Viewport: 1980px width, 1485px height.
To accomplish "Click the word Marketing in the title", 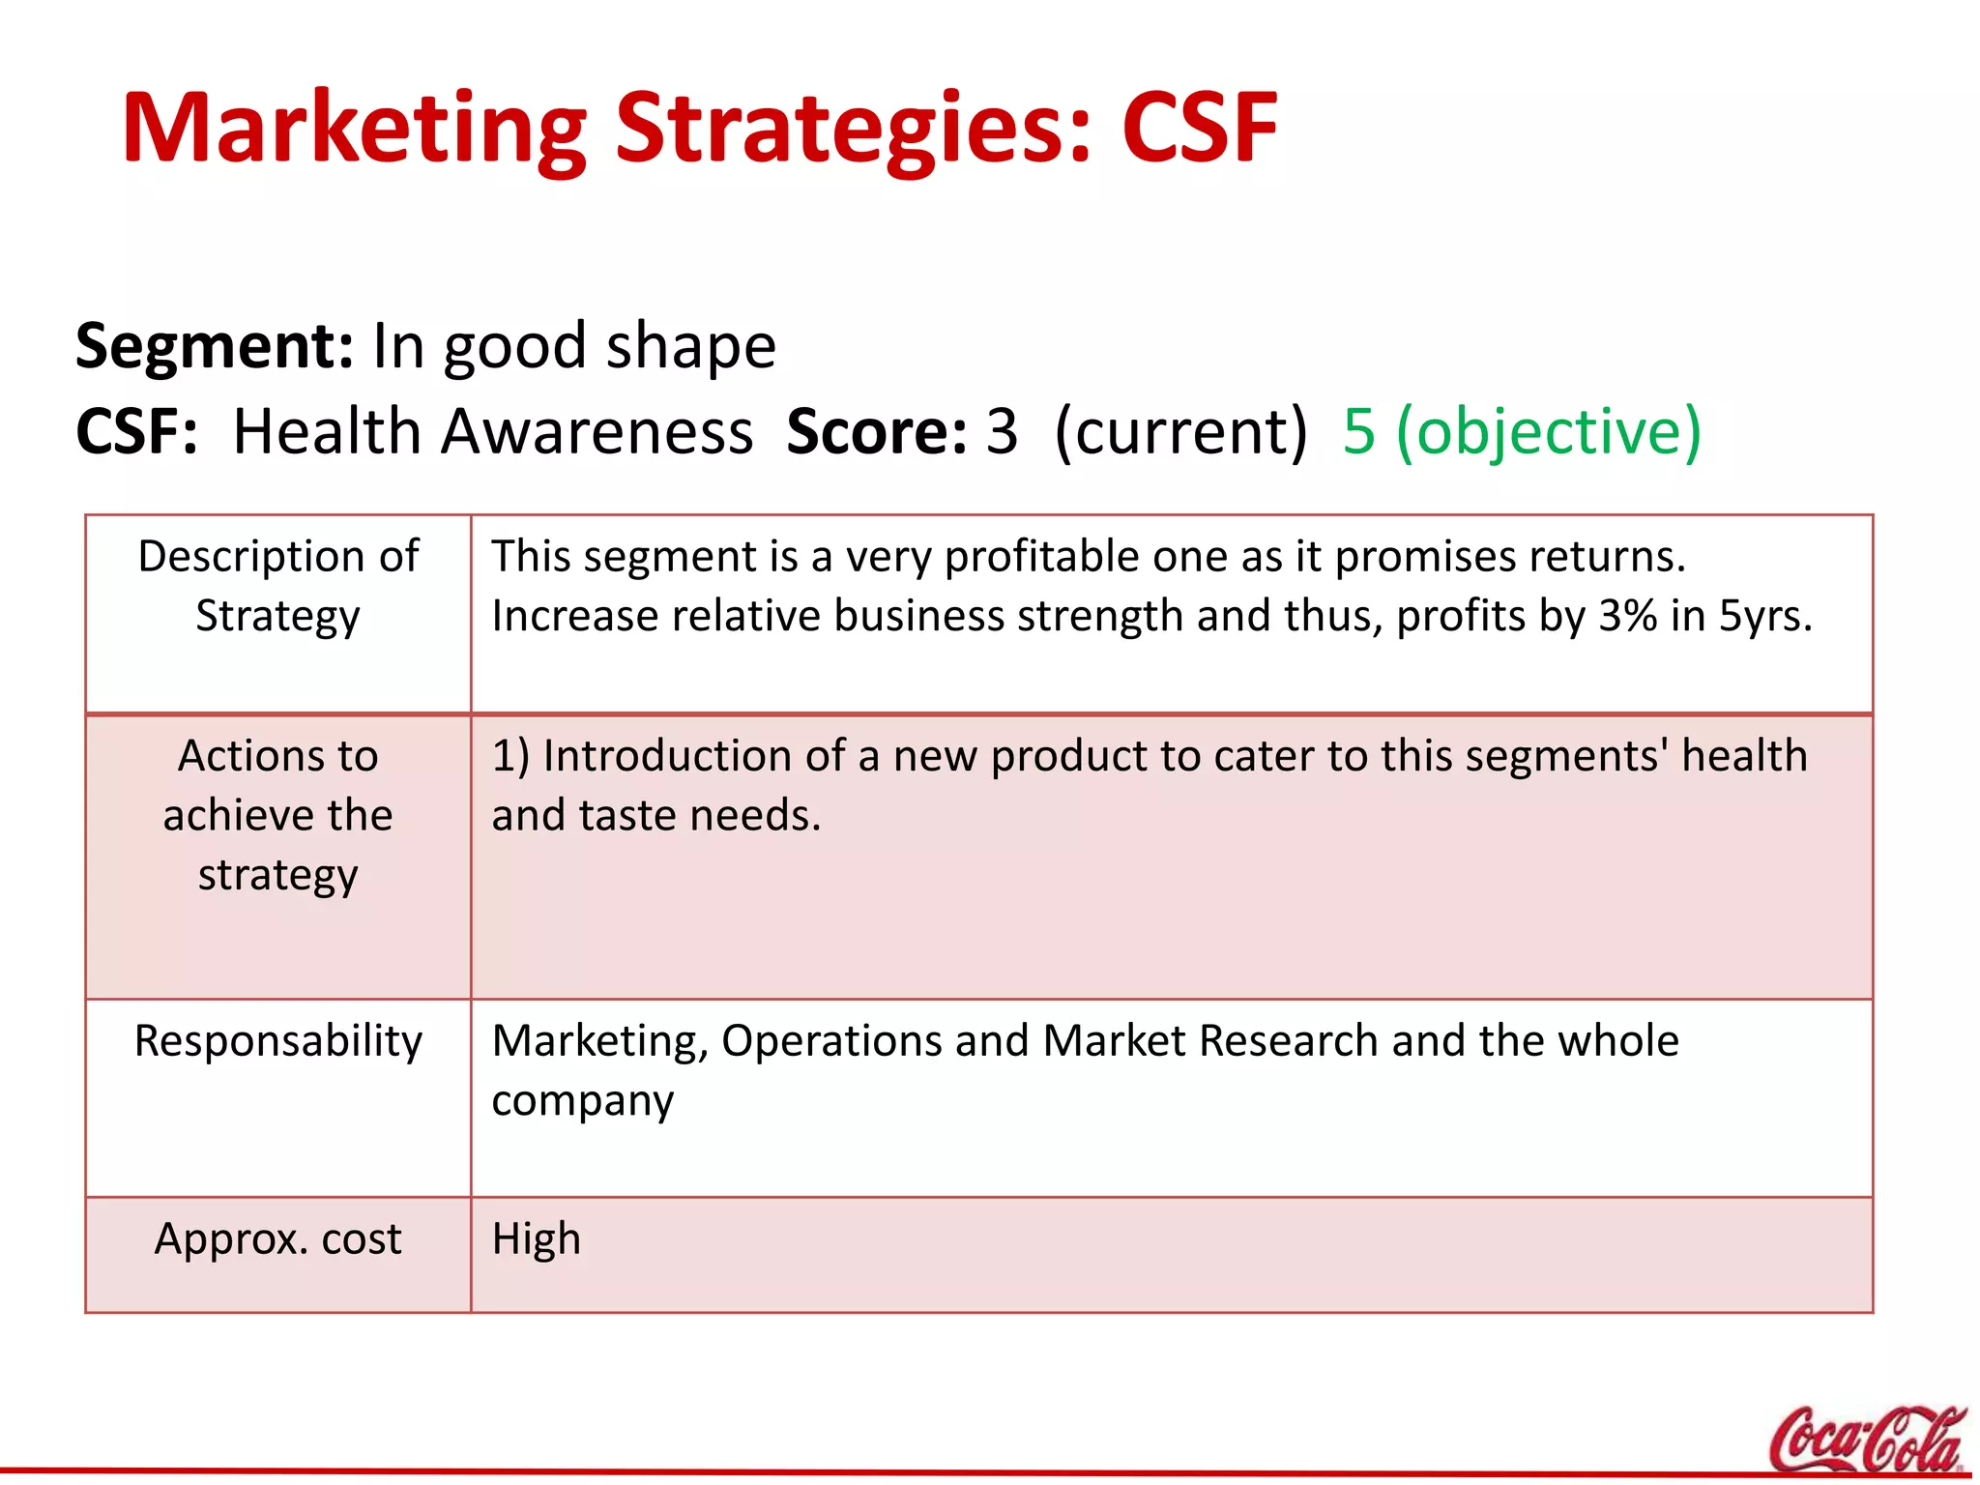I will pyautogui.click(x=354, y=129).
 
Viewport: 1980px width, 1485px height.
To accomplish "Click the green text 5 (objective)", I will pyautogui.click(x=1521, y=431).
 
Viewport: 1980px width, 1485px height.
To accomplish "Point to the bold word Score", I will pyautogui.click(x=876, y=431).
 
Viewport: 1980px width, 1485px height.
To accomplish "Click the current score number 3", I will pyautogui.click(x=1002, y=431).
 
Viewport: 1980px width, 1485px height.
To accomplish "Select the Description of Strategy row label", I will pyautogui.click(x=278, y=586).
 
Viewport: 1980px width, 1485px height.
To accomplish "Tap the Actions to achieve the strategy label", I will pyautogui.click(x=278, y=815).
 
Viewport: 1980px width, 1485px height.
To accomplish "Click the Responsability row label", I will pyautogui.click(x=278, y=1041).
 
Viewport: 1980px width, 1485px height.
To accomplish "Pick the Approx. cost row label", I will pyautogui.click(x=278, y=1238).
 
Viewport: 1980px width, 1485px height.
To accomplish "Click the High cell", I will pyautogui.click(x=537, y=1238).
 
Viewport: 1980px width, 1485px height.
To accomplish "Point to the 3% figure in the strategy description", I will pyautogui.click(x=1627, y=616).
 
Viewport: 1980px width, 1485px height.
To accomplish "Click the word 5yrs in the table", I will pyautogui.click(x=1764, y=616).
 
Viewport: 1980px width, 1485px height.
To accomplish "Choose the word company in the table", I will pyautogui.click(x=582, y=1101).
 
